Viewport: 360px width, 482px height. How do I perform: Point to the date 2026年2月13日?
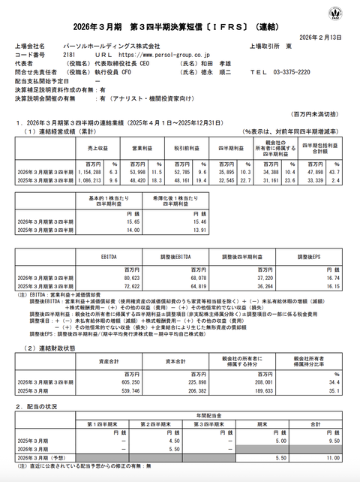click(x=326, y=36)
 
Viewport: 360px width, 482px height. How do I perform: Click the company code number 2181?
click(x=69, y=54)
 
